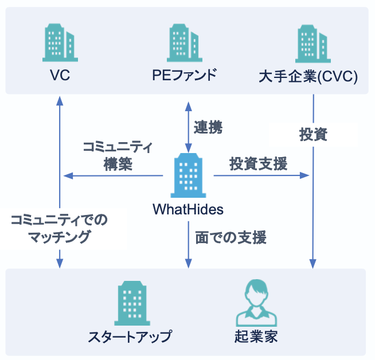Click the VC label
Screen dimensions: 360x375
60,75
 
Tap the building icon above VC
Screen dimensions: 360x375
60,42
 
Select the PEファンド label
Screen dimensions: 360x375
185,75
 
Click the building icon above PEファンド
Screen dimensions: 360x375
185,42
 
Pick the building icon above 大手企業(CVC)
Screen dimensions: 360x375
313,42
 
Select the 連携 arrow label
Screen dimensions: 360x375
208,127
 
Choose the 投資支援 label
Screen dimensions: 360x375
259,163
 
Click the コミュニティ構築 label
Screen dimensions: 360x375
118,156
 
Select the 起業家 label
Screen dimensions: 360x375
256,336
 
